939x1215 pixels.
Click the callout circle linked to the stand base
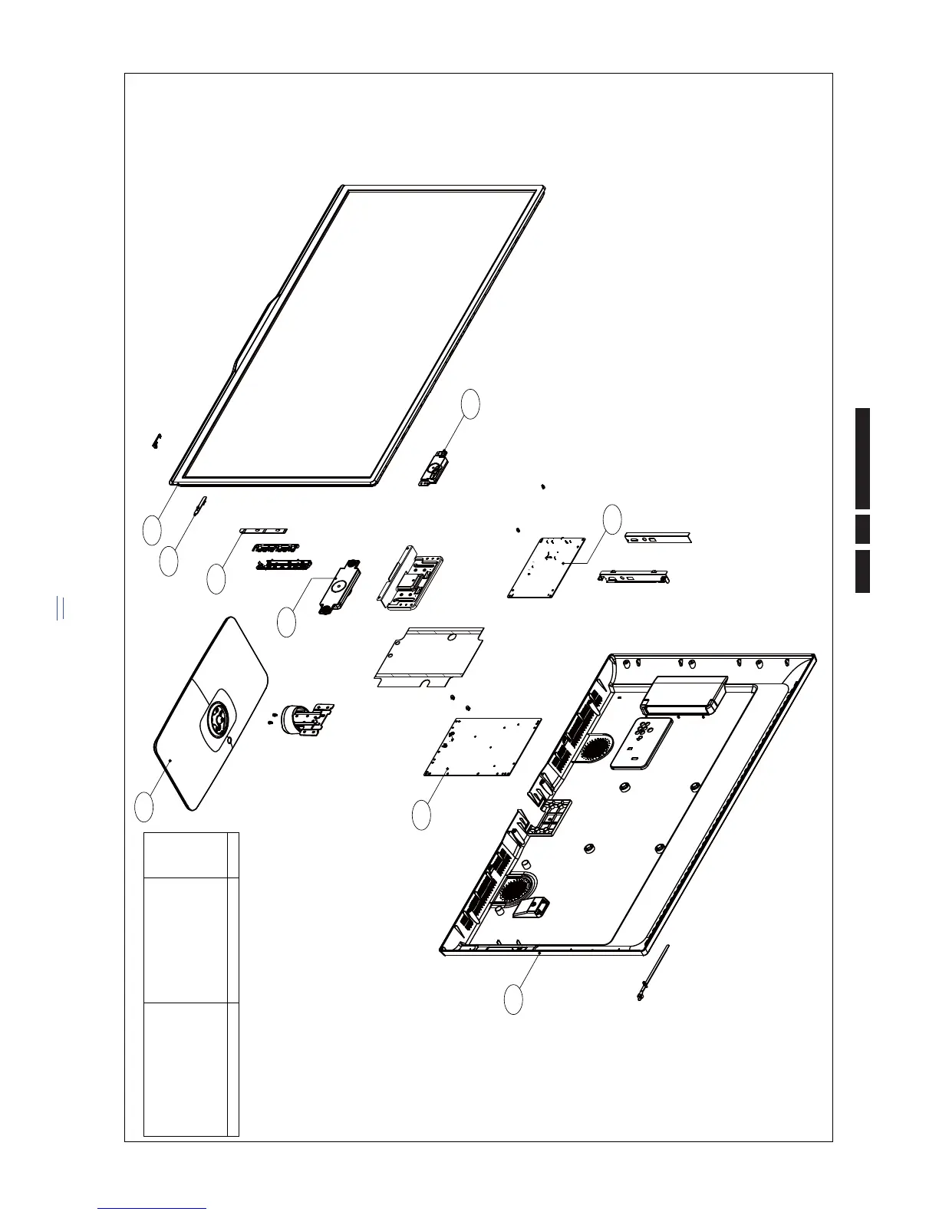pyautogui.click(x=143, y=806)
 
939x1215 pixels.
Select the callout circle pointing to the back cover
pyautogui.click(x=514, y=1000)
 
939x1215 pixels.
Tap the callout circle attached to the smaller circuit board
pyautogui.click(x=611, y=519)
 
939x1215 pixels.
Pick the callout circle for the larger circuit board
pyautogui.click(x=421, y=815)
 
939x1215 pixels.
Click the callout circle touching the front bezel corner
pyautogui.click(x=153, y=531)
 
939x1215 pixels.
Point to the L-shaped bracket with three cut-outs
pyautogui.click(x=658, y=538)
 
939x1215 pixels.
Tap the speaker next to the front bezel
pyautogui.click(x=433, y=468)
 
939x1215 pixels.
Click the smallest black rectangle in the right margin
pyautogui.click(x=863, y=528)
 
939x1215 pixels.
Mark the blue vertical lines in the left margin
pyautogui.click(x=60, y=607)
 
